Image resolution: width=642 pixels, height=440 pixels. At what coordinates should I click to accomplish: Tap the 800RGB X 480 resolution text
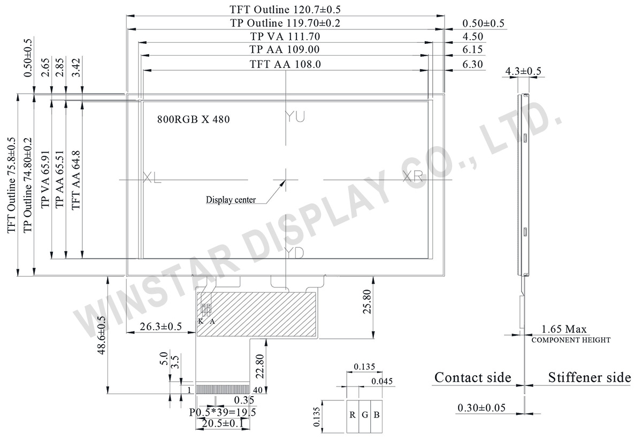coord(193,120)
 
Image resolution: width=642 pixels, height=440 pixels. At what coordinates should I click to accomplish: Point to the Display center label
coord(231,200)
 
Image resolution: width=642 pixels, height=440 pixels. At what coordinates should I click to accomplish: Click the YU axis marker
coord(295,117)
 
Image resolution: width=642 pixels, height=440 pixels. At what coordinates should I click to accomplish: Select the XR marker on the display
coord(412,177)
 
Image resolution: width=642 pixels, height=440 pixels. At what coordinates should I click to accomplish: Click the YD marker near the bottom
coord(295,253)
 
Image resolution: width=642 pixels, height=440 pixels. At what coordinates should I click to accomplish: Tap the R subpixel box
coord(353,415)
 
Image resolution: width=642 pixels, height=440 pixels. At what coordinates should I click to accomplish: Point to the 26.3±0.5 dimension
coord(160,326)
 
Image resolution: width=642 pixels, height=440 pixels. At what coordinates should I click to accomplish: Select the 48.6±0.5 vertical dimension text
coord(101,335)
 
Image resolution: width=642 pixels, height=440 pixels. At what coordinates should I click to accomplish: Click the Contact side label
coord(472,377)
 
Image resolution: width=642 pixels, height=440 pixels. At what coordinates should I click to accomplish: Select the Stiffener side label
coord(589,377)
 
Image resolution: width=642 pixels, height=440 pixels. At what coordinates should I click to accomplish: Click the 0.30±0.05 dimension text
coord(481,408)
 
